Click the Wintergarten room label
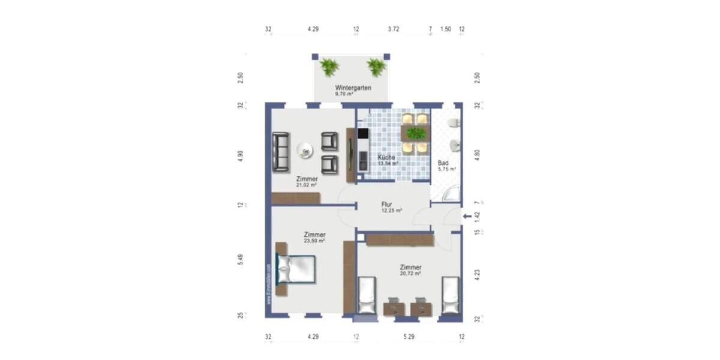click(x=353, y=88)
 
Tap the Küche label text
click(x=386, y=157)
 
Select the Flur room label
click(x=387, y=204)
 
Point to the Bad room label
click(x=443, y=163)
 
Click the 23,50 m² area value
click(x=314, y=241)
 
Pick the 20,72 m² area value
click(x=410, y=273)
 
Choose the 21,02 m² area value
click(x=307, y=185)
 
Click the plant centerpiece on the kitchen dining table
click(x=415, y=133)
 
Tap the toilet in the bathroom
click(x=454, y=124)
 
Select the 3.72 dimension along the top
click(x=394, y=29)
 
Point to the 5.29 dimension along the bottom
click(x=409, y=337)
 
